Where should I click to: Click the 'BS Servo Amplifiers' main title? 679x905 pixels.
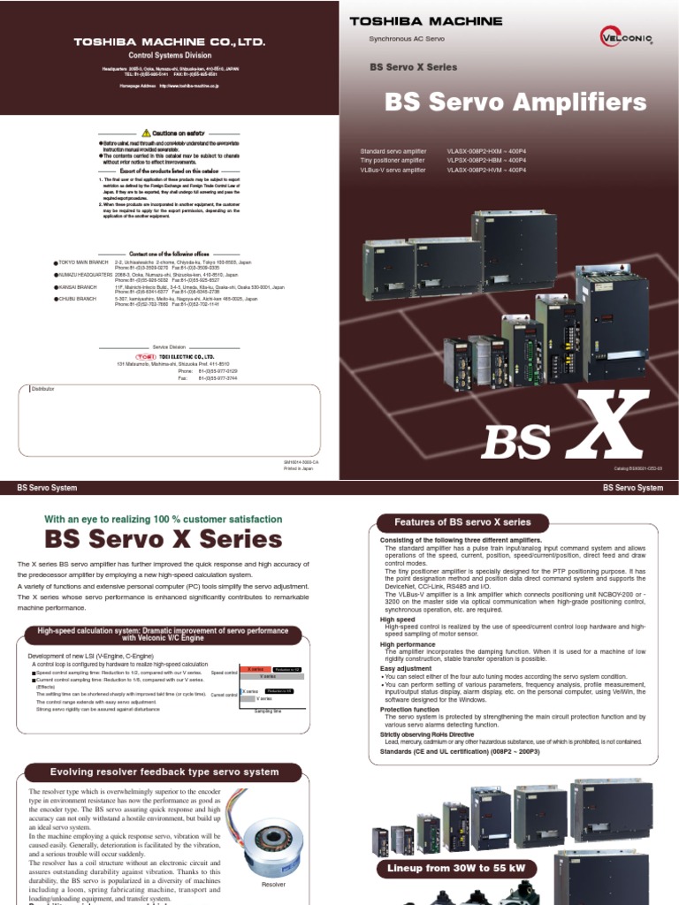[x=515, y=103]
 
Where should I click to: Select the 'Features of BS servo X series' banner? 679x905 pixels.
[x=455, y=522]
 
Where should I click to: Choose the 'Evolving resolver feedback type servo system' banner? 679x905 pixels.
[x=164, y=772]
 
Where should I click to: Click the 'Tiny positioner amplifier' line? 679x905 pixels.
[x=393, y=160]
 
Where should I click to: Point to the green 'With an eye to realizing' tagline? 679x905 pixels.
[x=163, y=520]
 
